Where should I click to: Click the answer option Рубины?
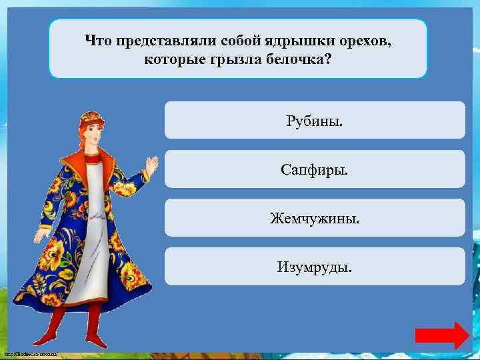click(x=314, y=120)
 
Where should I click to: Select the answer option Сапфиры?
click(x=314, y=169)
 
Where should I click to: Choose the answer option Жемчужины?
click(x=314, y=217)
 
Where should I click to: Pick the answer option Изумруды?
click(x=314, y=267)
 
